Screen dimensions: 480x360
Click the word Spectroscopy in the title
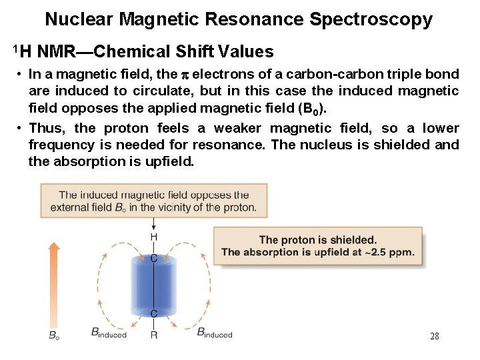click(371, 20)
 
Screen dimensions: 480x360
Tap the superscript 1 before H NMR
click(14, 47)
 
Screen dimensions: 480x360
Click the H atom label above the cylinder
click(154, 237)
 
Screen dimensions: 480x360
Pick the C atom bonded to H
click(154, 258)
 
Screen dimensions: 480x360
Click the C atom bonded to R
click(154, 313)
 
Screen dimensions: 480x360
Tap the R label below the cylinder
click(154, 335)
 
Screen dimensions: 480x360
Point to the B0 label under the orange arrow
click(54, 335)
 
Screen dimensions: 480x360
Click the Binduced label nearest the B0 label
click(108, 333)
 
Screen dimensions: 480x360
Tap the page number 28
click(434, 336)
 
